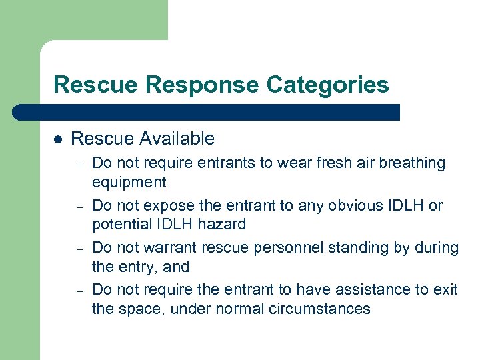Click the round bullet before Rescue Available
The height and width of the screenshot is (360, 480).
click(x=57, y=140)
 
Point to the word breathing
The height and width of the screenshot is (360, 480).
click(x=413, y=163)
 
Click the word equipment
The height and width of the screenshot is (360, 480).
click(x=129, y=182)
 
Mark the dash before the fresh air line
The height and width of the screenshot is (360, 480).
click(x=78, y=164)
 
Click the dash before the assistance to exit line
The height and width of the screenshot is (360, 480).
click(x=78, y=291)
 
